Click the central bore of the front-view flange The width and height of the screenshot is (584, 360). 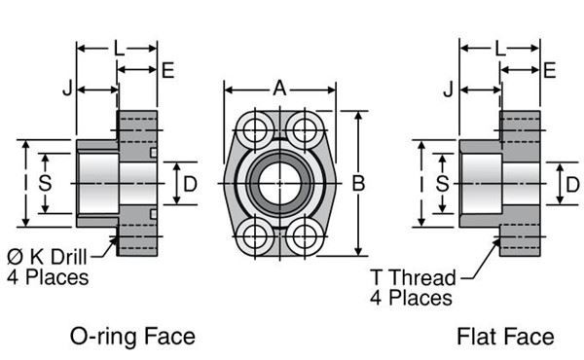click(x=280, y=182)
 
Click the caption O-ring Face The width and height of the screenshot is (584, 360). click(x=133, y=337)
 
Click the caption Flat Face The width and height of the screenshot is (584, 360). click(x=505, y=337)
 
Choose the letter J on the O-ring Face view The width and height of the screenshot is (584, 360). click(x=67, y=90)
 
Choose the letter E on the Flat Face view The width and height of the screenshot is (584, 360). click(x=550, y=69)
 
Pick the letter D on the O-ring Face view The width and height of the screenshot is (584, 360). click(x=191, y=183)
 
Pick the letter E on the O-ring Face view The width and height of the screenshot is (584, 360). click(x=167, y=69)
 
